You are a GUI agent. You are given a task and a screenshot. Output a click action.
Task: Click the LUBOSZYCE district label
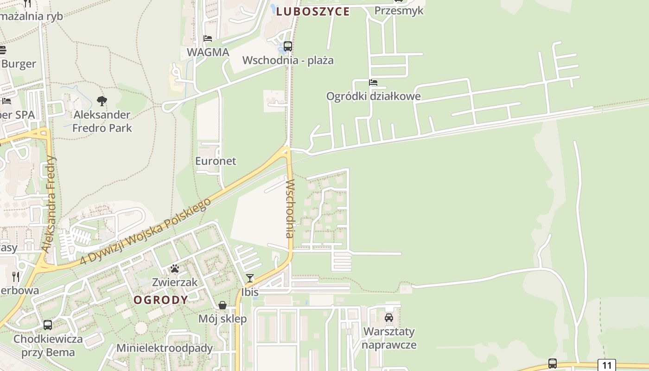click(313, 12)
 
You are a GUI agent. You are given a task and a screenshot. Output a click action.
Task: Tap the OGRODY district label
click(161, 300)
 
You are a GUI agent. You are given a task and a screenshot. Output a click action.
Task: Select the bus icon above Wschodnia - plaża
click(288, 46)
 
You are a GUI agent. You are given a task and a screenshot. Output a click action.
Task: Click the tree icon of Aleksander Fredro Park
click(102, 101)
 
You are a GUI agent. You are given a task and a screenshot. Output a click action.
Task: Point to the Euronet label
click(216, 161)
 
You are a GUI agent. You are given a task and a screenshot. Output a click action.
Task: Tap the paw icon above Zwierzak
click(175, 269)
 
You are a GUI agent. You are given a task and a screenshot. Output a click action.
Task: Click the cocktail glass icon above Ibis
click(250, 278)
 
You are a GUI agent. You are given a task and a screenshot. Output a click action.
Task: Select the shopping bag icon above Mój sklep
click(223, 305)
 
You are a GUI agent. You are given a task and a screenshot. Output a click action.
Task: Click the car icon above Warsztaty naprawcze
click(389, 318)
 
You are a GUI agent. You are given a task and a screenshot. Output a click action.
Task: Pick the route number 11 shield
click(607, 365)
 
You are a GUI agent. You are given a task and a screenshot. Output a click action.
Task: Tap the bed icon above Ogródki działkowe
click(373, 83)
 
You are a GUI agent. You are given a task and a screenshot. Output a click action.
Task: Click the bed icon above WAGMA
click(208, 38)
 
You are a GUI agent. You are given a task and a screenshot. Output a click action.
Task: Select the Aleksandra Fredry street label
click(49, 204)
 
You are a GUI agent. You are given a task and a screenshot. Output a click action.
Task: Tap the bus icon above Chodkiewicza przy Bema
click(48, 325)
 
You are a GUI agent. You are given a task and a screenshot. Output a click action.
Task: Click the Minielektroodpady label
click(165, 348)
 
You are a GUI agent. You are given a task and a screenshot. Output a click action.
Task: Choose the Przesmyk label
click(399, 10)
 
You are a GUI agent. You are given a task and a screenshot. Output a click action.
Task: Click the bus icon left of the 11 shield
click(552, 363)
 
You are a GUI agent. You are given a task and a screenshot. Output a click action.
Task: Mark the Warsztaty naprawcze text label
click(389, 338)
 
